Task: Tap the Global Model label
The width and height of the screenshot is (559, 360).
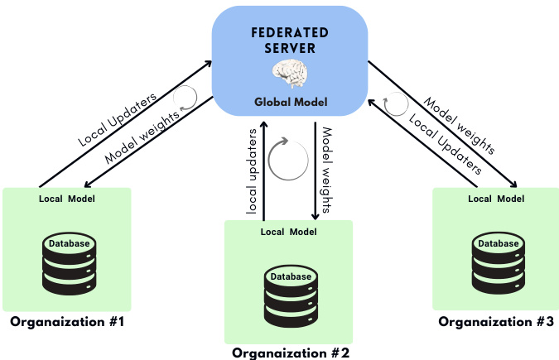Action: coord(291,103)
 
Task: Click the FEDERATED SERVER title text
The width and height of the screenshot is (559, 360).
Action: coord(291,39)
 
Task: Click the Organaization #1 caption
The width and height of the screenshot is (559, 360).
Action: coord(67,321)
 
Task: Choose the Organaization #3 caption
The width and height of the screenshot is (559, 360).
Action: coord(496,321)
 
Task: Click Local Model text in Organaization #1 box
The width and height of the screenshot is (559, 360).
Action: coord(67,199)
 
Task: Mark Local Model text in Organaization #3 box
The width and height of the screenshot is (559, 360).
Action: coord(496,199)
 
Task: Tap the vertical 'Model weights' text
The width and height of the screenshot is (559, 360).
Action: coord(326,170)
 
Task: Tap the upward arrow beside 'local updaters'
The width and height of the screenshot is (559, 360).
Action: coord(263,170)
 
